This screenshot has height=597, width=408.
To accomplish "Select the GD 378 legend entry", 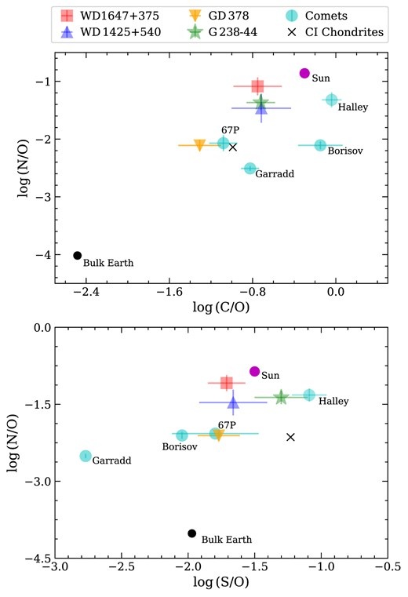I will (x=217, y=16).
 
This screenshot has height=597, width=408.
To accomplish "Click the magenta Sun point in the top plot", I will (x=304, y=73).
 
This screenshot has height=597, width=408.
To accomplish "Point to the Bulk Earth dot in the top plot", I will (x=77, y=255).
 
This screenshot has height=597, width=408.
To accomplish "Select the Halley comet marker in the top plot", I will (x=331, y=100).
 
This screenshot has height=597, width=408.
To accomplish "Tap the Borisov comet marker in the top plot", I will (x=320, y=145).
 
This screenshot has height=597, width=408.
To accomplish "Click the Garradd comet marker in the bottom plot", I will (x=86, y=456).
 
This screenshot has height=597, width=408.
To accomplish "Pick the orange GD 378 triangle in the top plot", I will (x=199, y=145).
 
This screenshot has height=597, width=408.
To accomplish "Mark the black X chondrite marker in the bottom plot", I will (x=290, y=437).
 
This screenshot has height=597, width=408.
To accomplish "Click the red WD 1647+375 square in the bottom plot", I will (x=227, y=383).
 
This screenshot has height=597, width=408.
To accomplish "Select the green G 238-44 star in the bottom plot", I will (x=282, y=397).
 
